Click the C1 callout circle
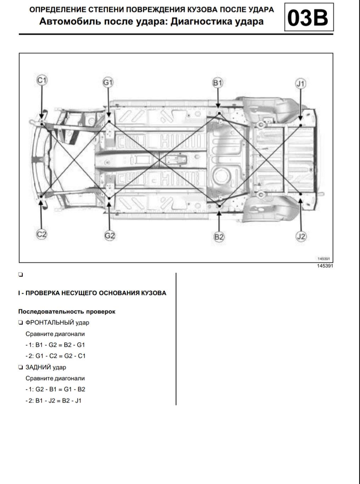pyautogui.click(x=42, y=81)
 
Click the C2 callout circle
pyautogui.click(x=42, y=234)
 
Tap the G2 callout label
pyautogui.click(x=110, y=235)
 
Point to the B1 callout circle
pyautogui.click(x=217, y=83)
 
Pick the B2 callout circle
pyautogui.click(x=219, y=237)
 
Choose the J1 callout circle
pyautogui.click(x=300, y=84)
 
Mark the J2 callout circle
pyautogui.click(x=301, y=236)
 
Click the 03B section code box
pyautogui.click(x=309, y=17)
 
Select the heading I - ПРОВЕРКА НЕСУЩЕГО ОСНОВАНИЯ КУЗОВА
pyautogui.click(x=92, y=293)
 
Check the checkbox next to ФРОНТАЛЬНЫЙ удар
pyautogui.click(x=21, y=323)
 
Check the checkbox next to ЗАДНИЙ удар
pyautogui.click(x=21, y=367)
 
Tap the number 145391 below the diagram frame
pyautogui.click(x=325, y=266)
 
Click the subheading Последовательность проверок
pyautogui.click(x=67, y=312)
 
